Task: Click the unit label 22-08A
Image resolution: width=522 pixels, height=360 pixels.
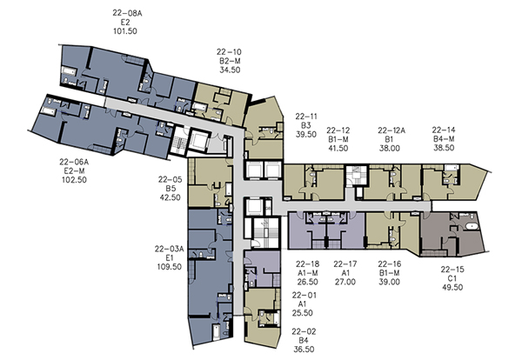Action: (x=127, y=13)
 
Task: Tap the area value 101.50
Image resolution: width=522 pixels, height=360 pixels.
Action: (x=125, y=31)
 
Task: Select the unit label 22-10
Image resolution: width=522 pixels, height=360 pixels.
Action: (x=229, y=52)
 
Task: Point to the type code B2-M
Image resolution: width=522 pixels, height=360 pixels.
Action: (x=230, y=61)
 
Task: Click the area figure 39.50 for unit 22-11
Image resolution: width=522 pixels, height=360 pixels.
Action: (x=306, y=135)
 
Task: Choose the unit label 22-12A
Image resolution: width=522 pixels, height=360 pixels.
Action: (x=391, y=130)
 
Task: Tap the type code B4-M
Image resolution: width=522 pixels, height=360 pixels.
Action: (x=444, y=139)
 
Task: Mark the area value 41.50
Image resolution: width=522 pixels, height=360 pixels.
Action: (x=338, y=148)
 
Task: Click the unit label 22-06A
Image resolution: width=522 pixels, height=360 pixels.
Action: (x=74, y=162)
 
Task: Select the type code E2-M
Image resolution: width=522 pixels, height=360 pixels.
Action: (x=74, y=170)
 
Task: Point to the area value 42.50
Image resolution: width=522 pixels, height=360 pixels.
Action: (x=171, y=197)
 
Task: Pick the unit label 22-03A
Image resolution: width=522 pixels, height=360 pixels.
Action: (x=169, y=249)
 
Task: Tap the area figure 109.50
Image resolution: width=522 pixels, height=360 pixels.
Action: (x=170, y=266)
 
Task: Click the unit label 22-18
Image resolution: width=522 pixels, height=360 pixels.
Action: (x=308, y=263)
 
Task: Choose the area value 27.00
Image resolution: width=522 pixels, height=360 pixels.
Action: (x=345, y=282)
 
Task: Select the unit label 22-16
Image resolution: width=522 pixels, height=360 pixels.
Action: (x=390, y=263)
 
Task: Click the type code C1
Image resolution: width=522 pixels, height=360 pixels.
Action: (x=452, y=278)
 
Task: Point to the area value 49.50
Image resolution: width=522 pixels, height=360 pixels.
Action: (x=452, y=287)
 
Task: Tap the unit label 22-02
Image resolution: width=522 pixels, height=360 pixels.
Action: (x=304, y=331)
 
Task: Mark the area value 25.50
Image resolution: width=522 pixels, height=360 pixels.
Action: (x=302, y=313)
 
